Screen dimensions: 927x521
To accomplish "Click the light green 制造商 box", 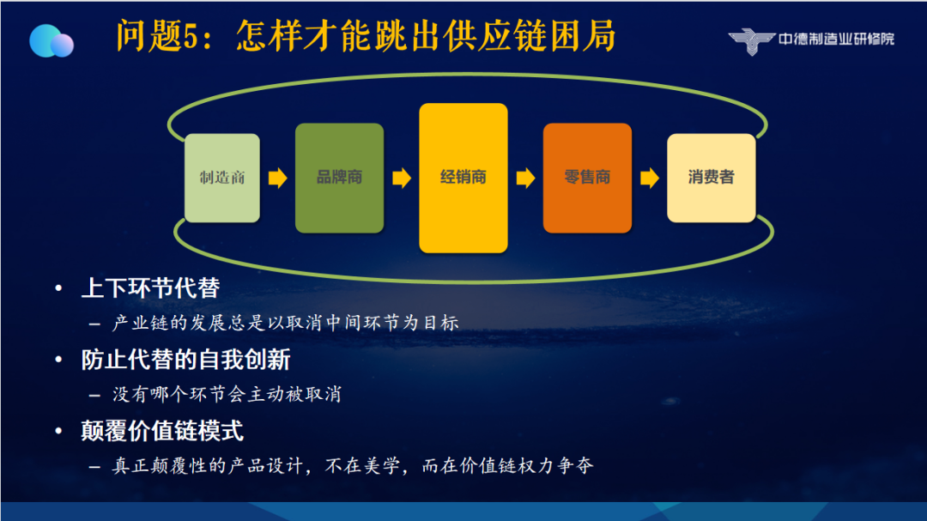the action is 222,178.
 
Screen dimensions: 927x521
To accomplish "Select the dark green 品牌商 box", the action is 339,178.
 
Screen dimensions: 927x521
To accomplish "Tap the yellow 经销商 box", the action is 463,178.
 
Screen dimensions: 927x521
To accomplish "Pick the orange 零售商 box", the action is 587,178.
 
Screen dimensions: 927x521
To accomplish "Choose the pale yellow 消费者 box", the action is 712,178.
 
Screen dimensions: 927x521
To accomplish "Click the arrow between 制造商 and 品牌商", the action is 278,178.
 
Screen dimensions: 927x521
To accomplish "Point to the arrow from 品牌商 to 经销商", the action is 402,178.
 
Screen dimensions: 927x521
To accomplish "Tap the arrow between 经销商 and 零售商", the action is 525,178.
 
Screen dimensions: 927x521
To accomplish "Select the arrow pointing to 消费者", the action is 649,178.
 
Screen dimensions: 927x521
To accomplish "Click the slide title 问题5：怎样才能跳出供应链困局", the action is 366,36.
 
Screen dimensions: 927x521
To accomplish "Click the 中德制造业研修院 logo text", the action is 836,39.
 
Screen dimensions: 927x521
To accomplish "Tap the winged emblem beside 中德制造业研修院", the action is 751,41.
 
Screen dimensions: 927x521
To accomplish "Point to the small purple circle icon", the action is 62,45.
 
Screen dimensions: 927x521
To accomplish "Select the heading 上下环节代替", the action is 150,288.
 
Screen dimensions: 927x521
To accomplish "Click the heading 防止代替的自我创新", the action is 185,360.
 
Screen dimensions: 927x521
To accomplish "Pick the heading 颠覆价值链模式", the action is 162,431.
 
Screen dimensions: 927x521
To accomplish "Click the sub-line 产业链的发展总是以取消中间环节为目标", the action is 286,323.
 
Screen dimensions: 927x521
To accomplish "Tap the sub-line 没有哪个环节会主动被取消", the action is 227,395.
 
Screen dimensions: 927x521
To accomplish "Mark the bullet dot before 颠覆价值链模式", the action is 58,431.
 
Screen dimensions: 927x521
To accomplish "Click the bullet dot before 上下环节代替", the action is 58,288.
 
